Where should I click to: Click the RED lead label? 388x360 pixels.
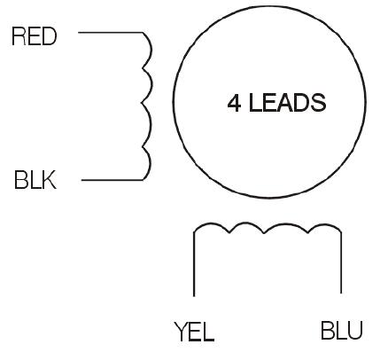[34, 36]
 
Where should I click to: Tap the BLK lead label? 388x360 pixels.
[35, 179]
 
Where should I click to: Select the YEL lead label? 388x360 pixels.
[194, 332]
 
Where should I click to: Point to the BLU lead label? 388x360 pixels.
[341, 330]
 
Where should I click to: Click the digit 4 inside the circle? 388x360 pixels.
[234, 103]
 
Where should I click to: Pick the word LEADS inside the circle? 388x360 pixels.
[288, 103]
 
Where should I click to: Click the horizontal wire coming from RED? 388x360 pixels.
[111, 32]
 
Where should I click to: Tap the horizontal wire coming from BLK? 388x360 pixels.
[113, 179]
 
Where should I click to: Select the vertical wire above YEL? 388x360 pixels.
[194, 264]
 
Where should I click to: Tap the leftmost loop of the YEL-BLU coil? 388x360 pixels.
[211, 223]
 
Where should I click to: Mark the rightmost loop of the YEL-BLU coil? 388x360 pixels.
[325, 225]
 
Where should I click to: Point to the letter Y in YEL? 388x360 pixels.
[181, 332]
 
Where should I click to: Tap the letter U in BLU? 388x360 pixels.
[354, 330]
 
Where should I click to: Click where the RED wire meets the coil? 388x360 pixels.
[144, 33]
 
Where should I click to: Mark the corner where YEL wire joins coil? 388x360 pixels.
[194, 232]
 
